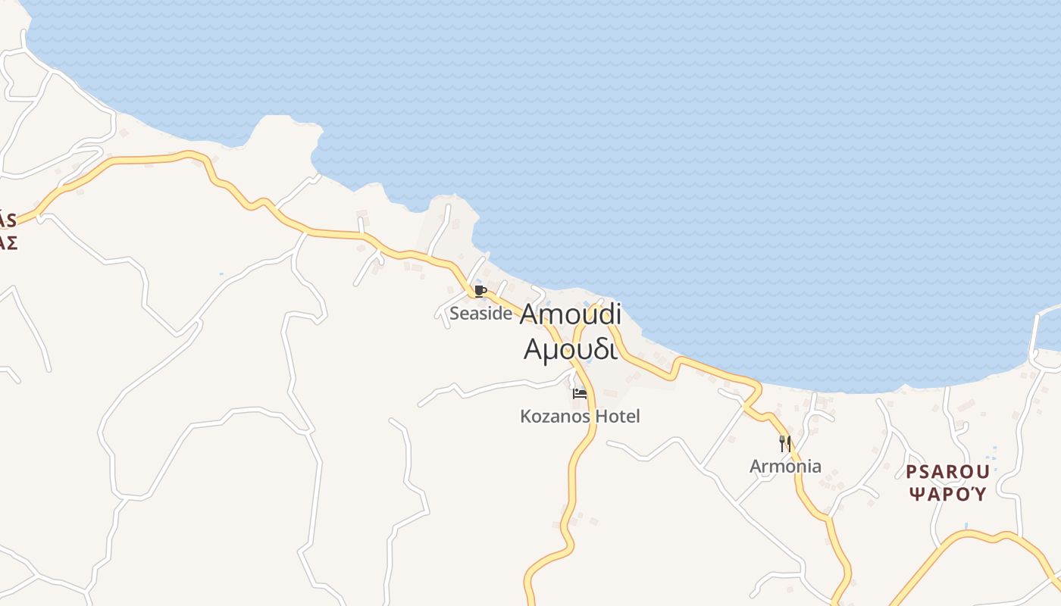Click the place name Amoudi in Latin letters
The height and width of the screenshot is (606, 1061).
(x=571, y=314)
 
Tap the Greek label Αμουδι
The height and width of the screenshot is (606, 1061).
(x=570, y=349)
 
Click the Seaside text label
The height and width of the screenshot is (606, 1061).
(x=480, y=313)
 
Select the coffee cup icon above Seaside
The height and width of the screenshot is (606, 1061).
(x=479, y=291)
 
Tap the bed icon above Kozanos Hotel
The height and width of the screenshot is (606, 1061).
(x=580, y=394)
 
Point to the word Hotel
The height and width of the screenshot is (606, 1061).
(x=618, y=416)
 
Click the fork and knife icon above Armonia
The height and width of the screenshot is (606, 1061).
(x=785, y=443)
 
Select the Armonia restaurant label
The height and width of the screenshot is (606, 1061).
(x=785, y=466)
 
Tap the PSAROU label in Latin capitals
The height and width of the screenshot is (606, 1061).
(x=947, y=472)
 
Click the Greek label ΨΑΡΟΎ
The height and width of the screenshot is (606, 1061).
(x=947, y=495)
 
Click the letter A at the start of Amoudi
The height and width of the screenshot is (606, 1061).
(x=531, y=314)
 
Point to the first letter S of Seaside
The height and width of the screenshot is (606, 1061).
(x=455, y=313)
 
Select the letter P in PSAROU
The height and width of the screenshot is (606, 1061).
(x=912, y=472)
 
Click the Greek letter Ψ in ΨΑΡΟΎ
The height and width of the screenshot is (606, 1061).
(x=915, y=495)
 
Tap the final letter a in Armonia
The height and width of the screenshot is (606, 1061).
(x=815, y=467)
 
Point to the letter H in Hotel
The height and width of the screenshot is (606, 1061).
(x=602, y=416)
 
